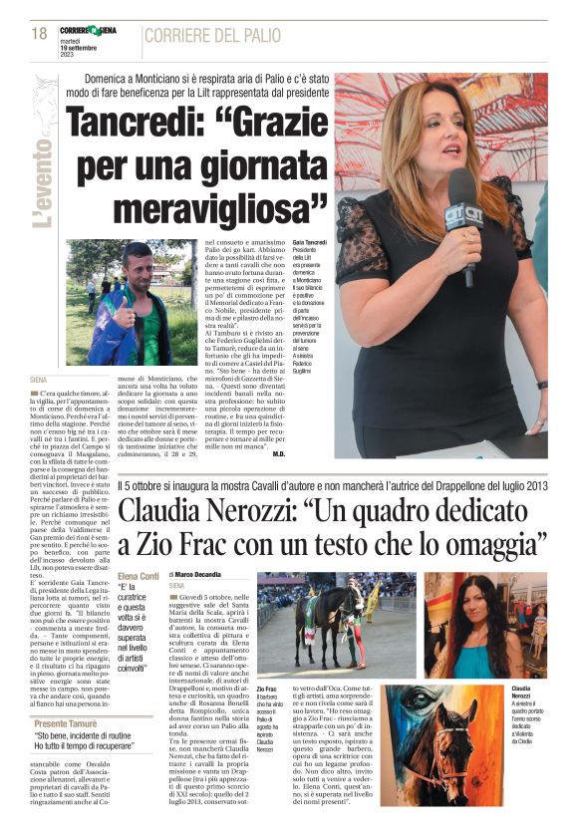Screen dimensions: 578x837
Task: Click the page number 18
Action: pyautogui.click(x=39, y=34)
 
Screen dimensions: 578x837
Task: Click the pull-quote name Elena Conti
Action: pyautogui.click(x=138, y=576)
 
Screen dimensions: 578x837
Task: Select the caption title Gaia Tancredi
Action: pyautogui.click(x=309, y=243)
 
